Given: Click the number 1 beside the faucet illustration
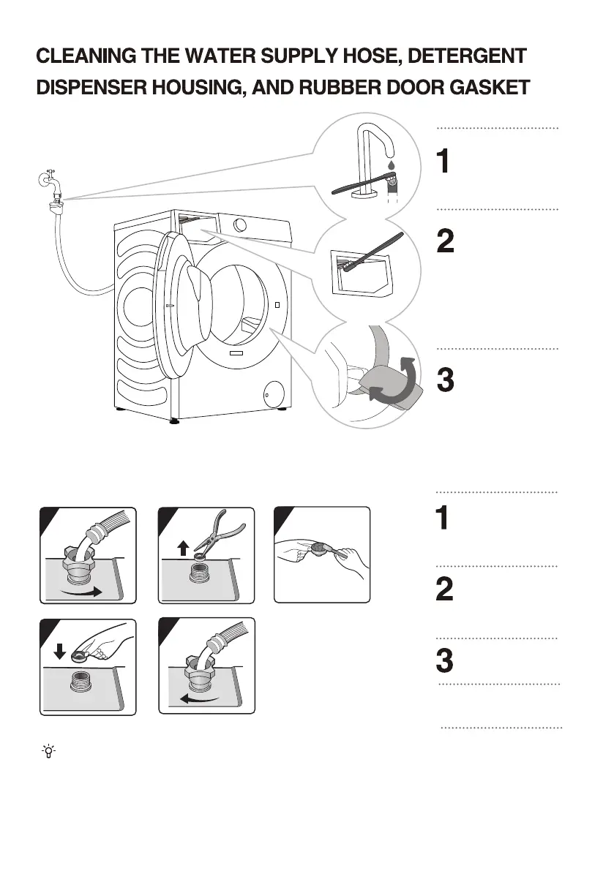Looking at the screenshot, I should [443, 162].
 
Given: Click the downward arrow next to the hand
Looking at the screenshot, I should [61, 650].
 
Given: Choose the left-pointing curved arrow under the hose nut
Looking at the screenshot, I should [202, 701].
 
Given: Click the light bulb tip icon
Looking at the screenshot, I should [48, 750].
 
